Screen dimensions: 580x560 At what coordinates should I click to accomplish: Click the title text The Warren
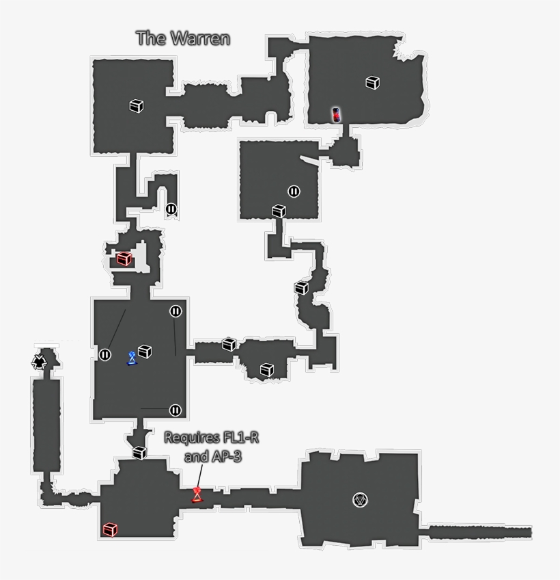click(x=182, y=38)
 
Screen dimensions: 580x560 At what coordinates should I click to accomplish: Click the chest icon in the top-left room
click(x=137, y=106)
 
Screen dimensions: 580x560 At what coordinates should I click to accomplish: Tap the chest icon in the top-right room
click(x=372, y=82)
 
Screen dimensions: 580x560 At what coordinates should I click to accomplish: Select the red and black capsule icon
click(x=336, y=114)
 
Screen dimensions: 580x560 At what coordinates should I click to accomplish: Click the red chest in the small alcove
click(x=124, y=259)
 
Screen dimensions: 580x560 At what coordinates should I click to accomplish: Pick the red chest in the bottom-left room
click(x=110, y=529)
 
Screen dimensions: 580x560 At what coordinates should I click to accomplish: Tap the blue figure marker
click(x=132, y=358)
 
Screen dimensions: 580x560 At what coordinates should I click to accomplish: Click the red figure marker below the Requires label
click(x=197, y=494)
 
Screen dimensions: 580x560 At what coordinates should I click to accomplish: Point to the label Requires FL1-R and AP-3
click(x=203, y=447)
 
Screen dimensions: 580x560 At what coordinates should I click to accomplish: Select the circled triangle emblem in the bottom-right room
click(x=360, y=500)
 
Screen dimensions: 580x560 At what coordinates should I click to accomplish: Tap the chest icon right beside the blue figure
click(x=145, y=351)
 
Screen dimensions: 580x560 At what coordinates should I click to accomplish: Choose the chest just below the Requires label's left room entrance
click(x=139, y=452)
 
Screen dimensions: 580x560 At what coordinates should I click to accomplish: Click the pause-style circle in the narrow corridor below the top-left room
click(x=171, y=209)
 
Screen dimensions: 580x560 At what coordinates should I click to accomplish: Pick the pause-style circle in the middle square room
click(x=294, y=192)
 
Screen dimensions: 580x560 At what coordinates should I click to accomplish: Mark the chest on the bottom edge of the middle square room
click(x=279, y=211)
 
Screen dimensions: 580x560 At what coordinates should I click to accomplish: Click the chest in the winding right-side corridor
click(x=301, y=288)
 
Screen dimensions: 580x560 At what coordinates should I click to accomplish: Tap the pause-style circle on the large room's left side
click(x=105, y=354)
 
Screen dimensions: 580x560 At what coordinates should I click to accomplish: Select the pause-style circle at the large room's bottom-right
click(x=176, y=410)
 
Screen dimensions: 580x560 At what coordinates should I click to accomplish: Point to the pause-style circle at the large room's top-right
click(x=176, y=311)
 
